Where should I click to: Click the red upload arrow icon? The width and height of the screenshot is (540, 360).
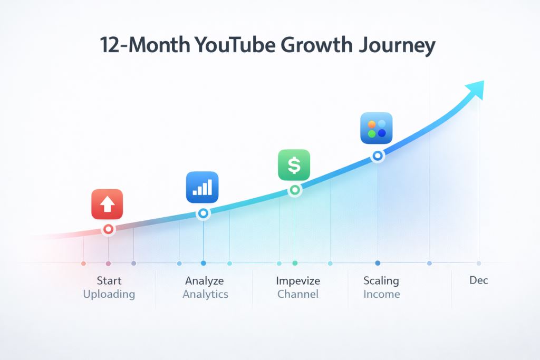pyautogui.click(x=107, y=204)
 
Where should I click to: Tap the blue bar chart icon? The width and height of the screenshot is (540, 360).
pyautogui.click(x=202, y=187)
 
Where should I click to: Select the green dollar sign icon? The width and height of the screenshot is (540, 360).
pyautogui.click(x=294, y=165)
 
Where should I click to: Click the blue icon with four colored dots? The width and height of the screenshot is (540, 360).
pyautogui.click(x=377, y=128)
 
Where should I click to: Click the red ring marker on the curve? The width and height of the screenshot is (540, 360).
pyautogui.click(x=109, y=229)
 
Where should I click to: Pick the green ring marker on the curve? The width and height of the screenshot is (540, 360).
pyautogui.click(x=295, y=190)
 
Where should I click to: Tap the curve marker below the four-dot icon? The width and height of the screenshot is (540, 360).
pyautogui.click(x=378, y=156)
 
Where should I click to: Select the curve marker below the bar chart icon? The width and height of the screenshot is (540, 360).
pyautogui.click(x=203, y=213)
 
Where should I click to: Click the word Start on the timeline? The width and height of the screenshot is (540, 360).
pyautogui.click(x=109, y=280)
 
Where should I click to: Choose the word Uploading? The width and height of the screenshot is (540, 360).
pyautogui.click(x=109, y=294)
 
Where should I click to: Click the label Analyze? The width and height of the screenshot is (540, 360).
pyautogui.click(x=205, y=280)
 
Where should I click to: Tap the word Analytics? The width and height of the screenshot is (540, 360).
pyautogui.click(x=205, y=294)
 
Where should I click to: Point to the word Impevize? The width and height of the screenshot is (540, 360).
pyautogui.click(x=298, y=280)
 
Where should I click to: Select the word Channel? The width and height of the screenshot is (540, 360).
pyautogui.click(x=298, y=294)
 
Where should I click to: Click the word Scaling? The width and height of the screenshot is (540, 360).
pyautogui.click(x=381, y=280)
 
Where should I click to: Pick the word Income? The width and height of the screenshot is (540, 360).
pyautogui.click(x=381, y=294)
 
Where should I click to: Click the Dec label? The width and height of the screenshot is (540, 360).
pyautogui.click(x=478, y=280)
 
